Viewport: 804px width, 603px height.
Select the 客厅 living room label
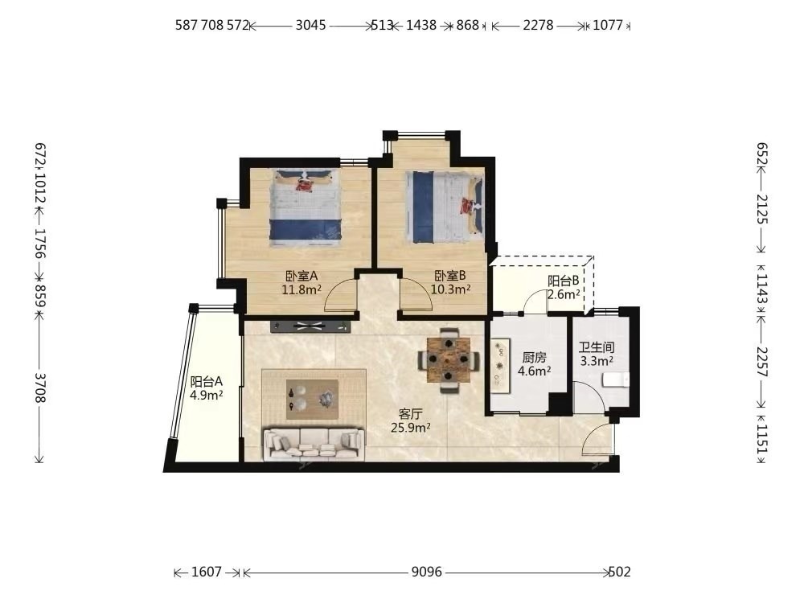point(410,413)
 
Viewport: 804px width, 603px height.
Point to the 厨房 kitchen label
point(535,358)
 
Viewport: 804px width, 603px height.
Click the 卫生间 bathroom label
point(597,347)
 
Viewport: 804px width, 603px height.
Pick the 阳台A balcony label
point(206,381)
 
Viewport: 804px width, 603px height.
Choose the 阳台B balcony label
point(563,281)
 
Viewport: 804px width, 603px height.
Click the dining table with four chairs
point(449,360)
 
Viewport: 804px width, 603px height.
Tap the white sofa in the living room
point(314,444)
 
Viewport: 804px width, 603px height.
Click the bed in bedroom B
point(445,207)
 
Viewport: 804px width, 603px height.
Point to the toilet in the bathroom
point(615,380)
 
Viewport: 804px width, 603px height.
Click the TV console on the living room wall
point(310,326)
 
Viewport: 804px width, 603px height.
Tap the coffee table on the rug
point(312,400)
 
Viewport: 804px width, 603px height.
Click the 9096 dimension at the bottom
point(427,572)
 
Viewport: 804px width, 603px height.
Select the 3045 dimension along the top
point(310,25)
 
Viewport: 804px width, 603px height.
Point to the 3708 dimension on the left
point(40,388)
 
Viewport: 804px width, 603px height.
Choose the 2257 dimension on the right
point(762,362)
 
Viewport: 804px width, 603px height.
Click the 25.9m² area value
point(410,427)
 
